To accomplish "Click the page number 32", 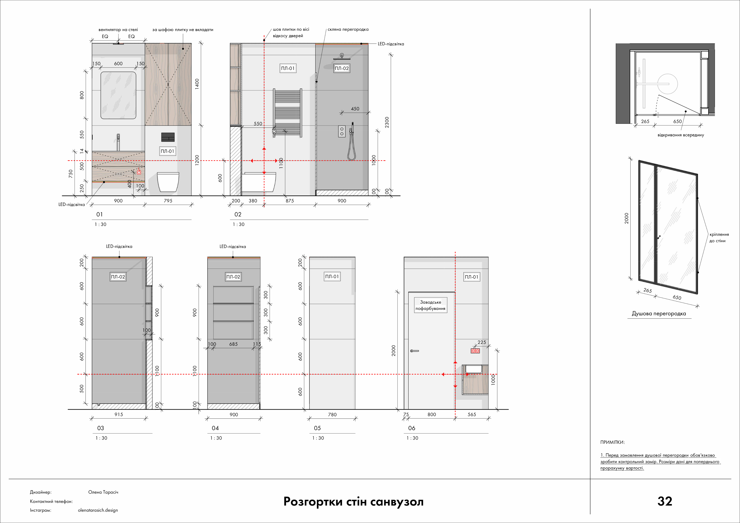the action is [665, 501].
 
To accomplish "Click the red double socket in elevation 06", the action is [475, 351].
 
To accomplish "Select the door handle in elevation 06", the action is [414, 351].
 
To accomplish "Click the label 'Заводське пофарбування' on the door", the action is [430, 305].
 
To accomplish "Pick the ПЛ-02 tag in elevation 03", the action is [118, 277].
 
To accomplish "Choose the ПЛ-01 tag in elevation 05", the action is [332, 276].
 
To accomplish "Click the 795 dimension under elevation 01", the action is [168, 201].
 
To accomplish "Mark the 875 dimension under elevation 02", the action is [290, 201].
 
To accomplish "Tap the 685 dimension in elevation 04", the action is [233, 344].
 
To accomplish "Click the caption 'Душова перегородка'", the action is [659, 314].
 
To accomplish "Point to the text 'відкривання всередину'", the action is [681, 135].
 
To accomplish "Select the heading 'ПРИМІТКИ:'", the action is [612, 442].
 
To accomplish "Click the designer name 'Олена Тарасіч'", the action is [103, 492].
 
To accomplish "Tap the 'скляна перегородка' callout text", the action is [348, 29].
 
